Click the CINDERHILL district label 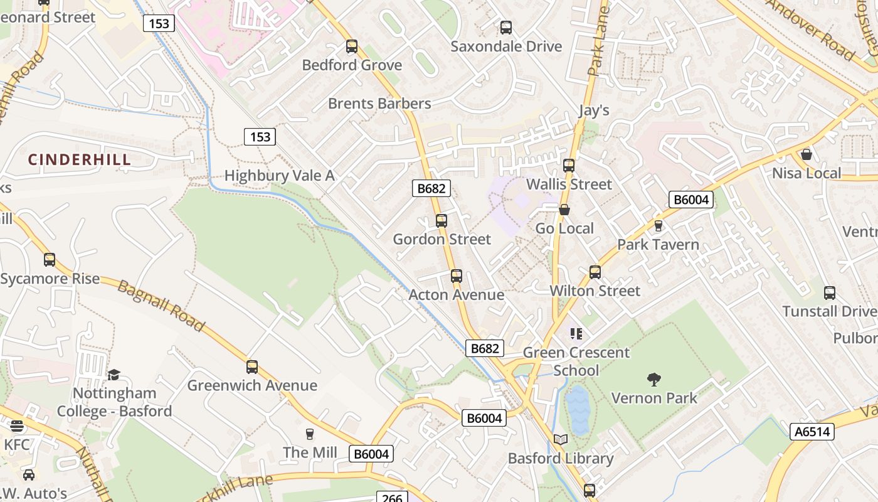click(80, 159)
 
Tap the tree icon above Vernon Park click(653, 379)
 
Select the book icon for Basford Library click(560, 439)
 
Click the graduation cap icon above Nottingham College click(114, 375)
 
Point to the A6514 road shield click(812, 432)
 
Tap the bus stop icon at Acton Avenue click(457, 275)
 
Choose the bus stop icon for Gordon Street click(442, 220)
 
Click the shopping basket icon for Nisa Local click(807, 154)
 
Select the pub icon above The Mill click(309, 434)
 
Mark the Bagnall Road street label click(161, 306)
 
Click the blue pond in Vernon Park click(578, 409)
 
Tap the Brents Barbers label click(379, 104)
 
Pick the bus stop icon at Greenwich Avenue click(252, 366)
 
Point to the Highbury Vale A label click(280, 176)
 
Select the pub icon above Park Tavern click(658, 225)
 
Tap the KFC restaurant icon click(17, 426)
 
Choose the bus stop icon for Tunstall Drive click(830, 292)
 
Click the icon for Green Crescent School click(576, 333)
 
